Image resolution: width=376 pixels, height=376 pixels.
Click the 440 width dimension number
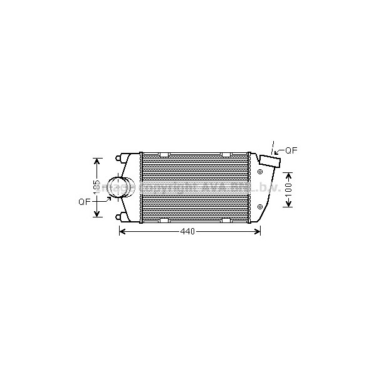(188, 232)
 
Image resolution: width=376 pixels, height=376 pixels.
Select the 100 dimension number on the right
(288, 189)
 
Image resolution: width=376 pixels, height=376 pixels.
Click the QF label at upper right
(291, 150)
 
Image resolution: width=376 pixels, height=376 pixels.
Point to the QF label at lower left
(84, 202)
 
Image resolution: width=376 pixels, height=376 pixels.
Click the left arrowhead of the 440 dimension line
(122, 232)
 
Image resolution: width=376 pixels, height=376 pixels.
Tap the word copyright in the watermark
(169, 187)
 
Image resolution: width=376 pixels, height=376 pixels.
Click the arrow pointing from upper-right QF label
(278, 152)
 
